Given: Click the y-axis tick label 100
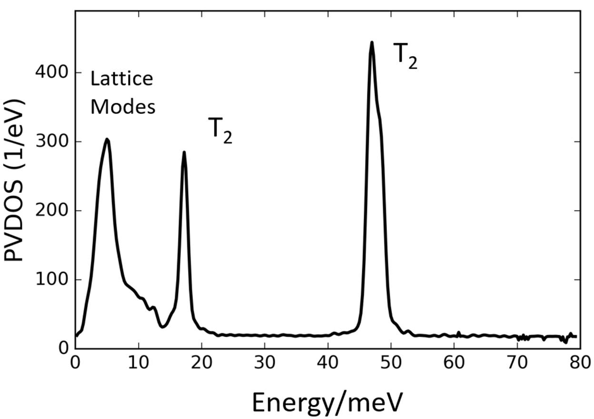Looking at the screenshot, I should pyautogui.click(x=52, y=279).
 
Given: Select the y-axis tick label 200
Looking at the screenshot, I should pyautogui.click(x=52, y=210).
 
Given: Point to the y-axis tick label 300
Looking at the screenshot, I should pyautogui.click(x=52, y=142).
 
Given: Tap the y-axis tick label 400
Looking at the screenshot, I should pyautogui.click(x=52, y=72).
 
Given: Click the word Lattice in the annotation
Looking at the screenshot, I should pyautogui.click(x=122, y=79).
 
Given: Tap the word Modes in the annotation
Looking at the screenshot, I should pyautogui.click(x=123, y=107).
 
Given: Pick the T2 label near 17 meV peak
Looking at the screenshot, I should pyautogui.click(x=220, y=130).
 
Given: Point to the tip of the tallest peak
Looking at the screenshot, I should pyautogui.click(x=372, y=42).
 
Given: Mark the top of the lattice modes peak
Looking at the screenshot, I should pyautogui.click(x=107, y=139).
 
